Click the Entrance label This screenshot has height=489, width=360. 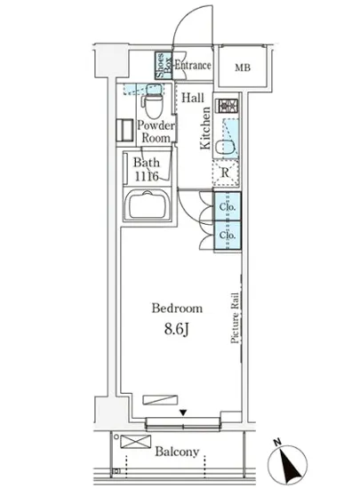(x=192, y=65)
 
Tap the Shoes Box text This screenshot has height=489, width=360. (x=163, y=67)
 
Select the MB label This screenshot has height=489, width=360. (x=242, y=68)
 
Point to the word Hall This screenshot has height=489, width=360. (x=192, y=99)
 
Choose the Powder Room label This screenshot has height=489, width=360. (x=155, y=132)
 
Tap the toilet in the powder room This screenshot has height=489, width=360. (x=155, y=105)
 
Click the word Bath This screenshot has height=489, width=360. (x=146, y=163)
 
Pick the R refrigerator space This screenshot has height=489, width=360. (x=228, y=172)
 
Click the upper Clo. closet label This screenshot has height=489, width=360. (x=227, y=207)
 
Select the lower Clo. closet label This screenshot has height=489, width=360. (x=227, y=236)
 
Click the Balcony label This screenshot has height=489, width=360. (x=178, y=452)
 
